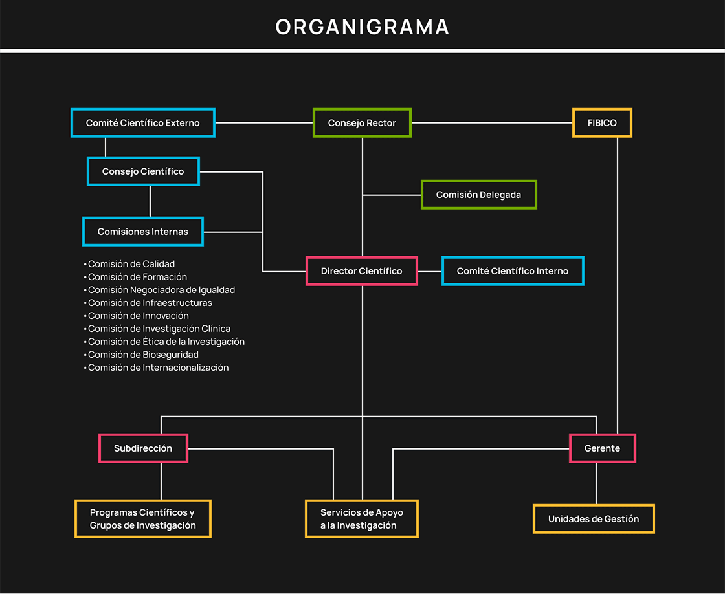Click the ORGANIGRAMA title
pos(362,27)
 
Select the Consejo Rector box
pos(362,123)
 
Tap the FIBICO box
pos(602,123)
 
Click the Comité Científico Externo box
pos(142,123)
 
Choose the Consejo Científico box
pos(143,171)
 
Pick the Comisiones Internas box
pos(143,232)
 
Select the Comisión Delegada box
pos(478,195)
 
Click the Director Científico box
pos(361,271)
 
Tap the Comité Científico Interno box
pos(513,271)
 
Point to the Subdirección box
pos(143,448)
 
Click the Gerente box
pos(602,448)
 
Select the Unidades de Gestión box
pos(594,519)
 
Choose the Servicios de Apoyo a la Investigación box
pos(361,519)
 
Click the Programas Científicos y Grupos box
pos(143,519)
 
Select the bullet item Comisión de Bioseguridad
pos(143,355)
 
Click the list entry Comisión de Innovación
pos(139,316)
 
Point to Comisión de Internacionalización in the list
pos(158,368)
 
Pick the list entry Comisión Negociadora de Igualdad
pos(161,290)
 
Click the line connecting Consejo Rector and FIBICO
pos(492,123)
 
